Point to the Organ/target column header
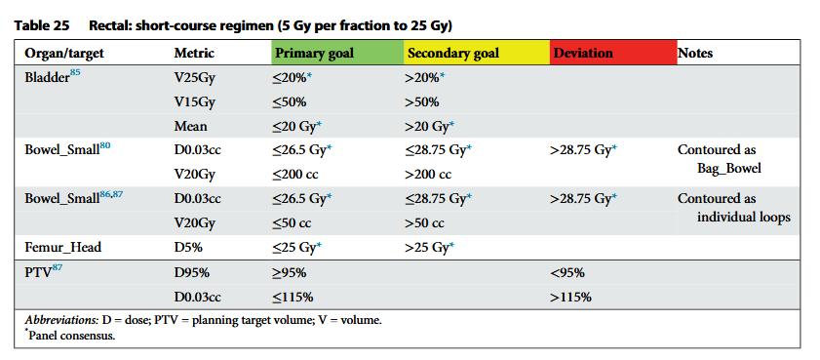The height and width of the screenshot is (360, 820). point(64,53)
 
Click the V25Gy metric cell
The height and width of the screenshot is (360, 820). point(197,77)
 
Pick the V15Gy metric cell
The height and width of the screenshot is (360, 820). point(197,101)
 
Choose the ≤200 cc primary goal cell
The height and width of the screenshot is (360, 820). point(299,174)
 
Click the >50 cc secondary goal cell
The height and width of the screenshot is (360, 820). point(425,222)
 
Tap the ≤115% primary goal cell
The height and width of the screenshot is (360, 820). point(293,296)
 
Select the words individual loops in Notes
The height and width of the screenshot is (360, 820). point(743,217)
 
